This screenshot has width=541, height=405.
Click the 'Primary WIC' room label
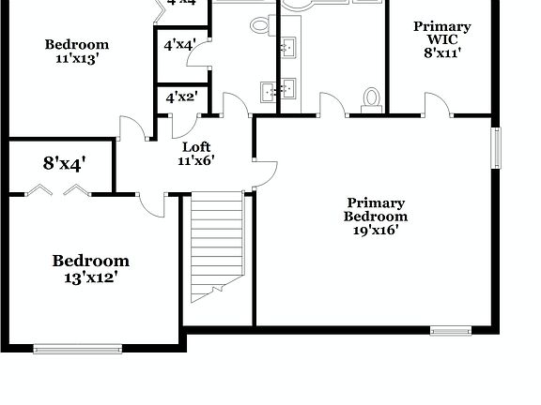click(442, 33)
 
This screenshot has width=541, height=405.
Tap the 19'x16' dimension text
click(377, 230)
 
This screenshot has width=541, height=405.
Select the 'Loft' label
click(196, 146)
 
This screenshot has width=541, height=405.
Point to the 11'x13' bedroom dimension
click(77, 57)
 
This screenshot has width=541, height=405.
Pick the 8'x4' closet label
click(65, 163)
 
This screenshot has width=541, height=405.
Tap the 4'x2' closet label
click(180, 97)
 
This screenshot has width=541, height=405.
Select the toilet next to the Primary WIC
click(371, 99)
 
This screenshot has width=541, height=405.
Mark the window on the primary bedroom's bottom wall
click(451, 330)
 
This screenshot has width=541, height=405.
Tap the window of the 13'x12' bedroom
click(78, 349)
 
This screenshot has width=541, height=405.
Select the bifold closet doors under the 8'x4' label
click(57, 191)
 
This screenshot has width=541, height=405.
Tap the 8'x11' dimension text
click(442, 53)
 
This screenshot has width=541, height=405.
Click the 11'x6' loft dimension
click(196, 159)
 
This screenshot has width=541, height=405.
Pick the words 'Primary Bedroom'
click(377, 209)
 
